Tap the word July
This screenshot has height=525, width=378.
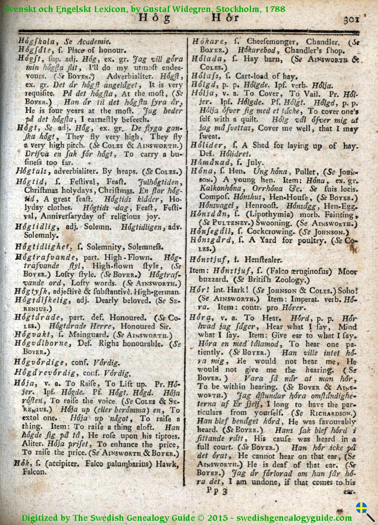click(x=255, y=163)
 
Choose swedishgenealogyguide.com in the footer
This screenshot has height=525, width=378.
click(x=294, y=518)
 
